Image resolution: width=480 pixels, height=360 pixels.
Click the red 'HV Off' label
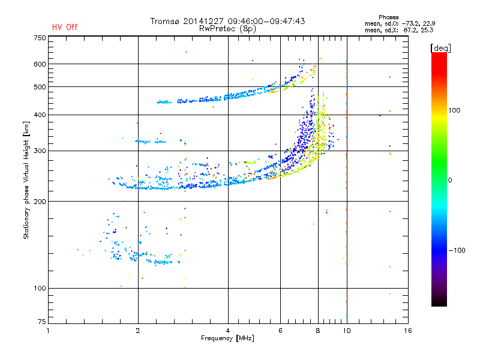(x=65, y=27)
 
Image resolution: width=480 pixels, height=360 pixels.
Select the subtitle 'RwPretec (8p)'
(x=227, y=29)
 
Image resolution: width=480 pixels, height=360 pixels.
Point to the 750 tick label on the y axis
(x=40, y=38)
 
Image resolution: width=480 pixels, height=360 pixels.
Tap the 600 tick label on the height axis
(x=40, y=64)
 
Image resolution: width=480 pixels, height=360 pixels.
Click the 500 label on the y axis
(x=40, y=87)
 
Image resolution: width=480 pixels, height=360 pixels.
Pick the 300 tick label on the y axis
(x=40, y=151)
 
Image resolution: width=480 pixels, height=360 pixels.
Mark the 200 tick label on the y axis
(x=40, y=202)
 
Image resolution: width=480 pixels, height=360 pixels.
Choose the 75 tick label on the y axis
(x=42, y=322)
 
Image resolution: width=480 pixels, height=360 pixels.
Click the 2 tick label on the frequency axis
(x=138, y=331)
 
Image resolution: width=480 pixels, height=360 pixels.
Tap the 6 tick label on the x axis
(x=280, y=331)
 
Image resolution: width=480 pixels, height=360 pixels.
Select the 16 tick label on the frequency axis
(x=408, y=331)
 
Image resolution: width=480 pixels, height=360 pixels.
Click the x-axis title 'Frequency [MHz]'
(x=227, y=338)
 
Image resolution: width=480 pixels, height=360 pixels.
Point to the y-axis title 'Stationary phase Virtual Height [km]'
(x=26, y=180)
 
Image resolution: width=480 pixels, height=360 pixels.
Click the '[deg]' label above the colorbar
(x=440, y=49)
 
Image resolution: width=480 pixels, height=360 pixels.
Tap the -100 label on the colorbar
(x=457, y=250)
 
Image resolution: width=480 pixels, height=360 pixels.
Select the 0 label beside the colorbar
(x=450, y=181)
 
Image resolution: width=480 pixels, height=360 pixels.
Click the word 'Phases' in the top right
(x=388, y=17)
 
